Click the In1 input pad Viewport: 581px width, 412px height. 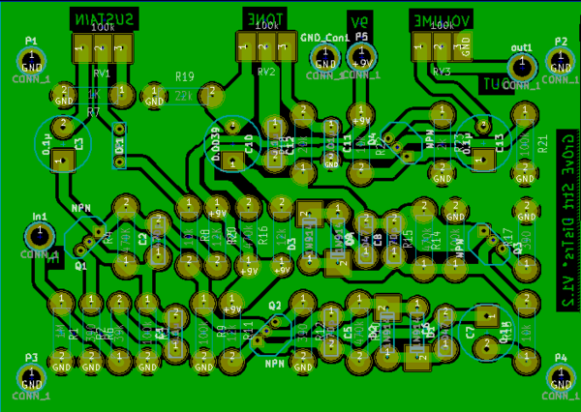[x=39, y=235]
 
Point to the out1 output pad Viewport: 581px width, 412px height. [x=522, y=66]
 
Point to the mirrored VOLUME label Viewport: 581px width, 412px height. [x=440, y=18]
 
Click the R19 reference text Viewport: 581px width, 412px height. [x=185, y=76]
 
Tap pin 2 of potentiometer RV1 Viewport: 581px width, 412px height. [x=103, y=45]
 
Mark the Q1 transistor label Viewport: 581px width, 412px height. [x=80, y=264]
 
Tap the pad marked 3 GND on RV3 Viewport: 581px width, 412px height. [x=465, y=44]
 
